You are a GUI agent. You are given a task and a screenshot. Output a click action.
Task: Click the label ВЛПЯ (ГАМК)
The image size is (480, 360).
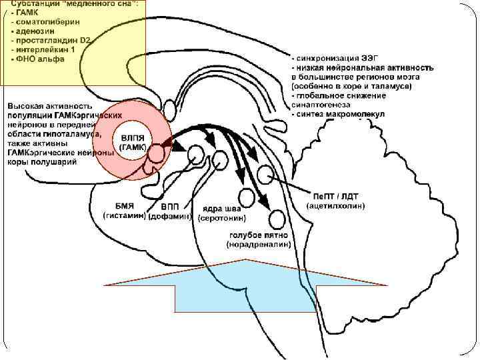coord(133,142)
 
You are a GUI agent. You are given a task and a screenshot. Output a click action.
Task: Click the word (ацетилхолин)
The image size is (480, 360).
coord(337,207)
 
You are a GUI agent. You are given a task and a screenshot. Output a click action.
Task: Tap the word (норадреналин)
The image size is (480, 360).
coord(259,245)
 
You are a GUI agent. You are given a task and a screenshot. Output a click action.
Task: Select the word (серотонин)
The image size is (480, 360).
coord(222,218)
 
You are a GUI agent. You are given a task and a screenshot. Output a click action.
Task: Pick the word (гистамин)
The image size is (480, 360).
coord(124,216)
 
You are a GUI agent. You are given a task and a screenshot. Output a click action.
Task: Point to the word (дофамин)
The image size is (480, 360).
coord(170,217)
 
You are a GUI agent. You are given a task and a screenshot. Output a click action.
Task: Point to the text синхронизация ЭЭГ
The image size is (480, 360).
coord(336,57)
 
